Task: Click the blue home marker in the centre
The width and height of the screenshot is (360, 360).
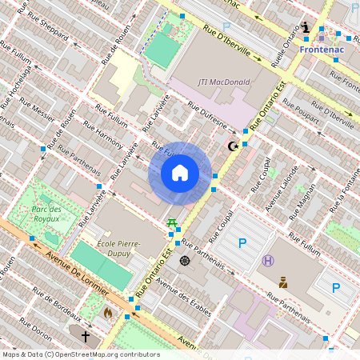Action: pos(180,173)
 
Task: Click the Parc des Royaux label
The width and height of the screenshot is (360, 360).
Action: pos(53,213)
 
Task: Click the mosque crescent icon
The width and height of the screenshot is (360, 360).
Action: pos(234,146)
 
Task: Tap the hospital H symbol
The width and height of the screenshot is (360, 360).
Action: pos(268,260)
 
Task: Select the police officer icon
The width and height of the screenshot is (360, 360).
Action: pos(283,282)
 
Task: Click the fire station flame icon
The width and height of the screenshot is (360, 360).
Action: pos(109,313)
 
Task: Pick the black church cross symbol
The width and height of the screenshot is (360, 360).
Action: pos(85,337)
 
